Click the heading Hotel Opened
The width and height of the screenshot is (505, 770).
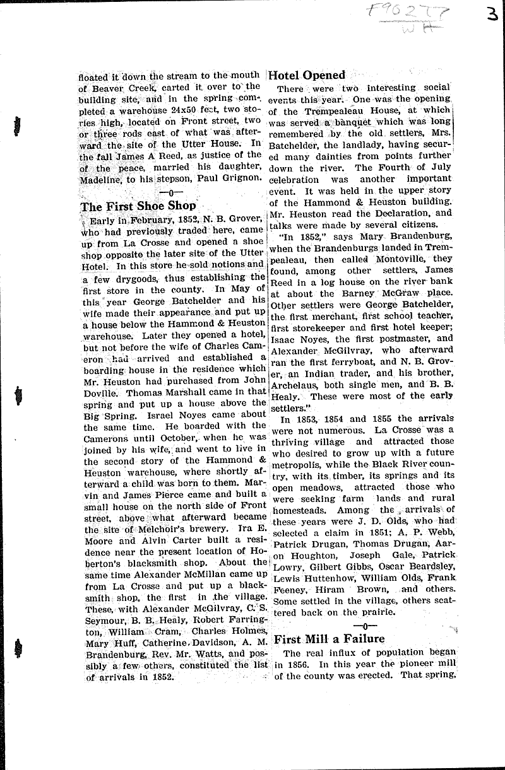coord(307,75)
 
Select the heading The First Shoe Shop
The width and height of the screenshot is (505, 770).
coord(138,207)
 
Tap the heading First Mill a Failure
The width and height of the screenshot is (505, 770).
coord(330,638)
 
